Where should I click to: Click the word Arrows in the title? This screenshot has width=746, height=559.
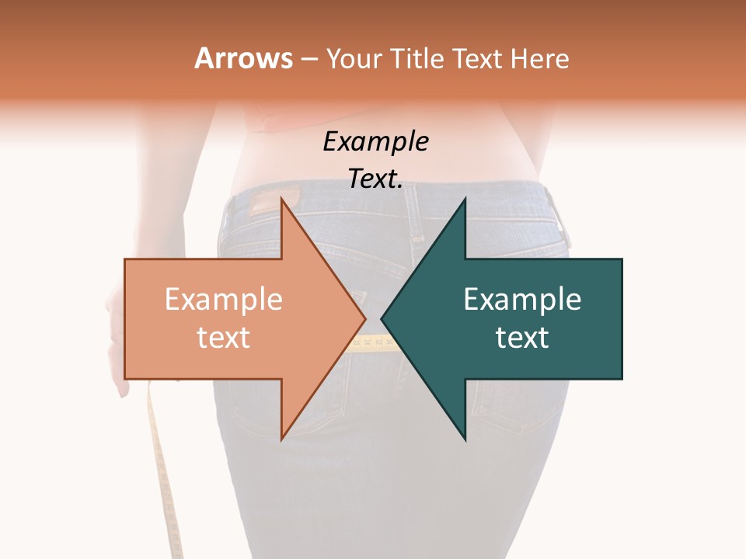[x=244, y=58]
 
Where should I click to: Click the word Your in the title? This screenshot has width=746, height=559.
[x=354, y=58]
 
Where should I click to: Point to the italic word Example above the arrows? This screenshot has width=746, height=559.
[x=375, y=141]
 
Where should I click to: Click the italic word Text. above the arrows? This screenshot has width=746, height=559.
[x=375, y=179]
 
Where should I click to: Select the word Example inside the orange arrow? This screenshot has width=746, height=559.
[x=224, y=300]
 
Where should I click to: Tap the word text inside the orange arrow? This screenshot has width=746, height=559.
[x=224, y=338]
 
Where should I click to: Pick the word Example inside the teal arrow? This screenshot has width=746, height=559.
[x=522, y=300]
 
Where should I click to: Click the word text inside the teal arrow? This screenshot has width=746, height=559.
[x=522, y=338]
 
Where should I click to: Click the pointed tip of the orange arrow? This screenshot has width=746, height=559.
[x=364, y=318]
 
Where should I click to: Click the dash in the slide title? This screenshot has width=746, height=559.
[x=309, y=58]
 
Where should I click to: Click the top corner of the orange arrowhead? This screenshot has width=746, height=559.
[x=281, y=199]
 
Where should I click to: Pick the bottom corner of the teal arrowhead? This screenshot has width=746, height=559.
[x=465, y=439]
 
